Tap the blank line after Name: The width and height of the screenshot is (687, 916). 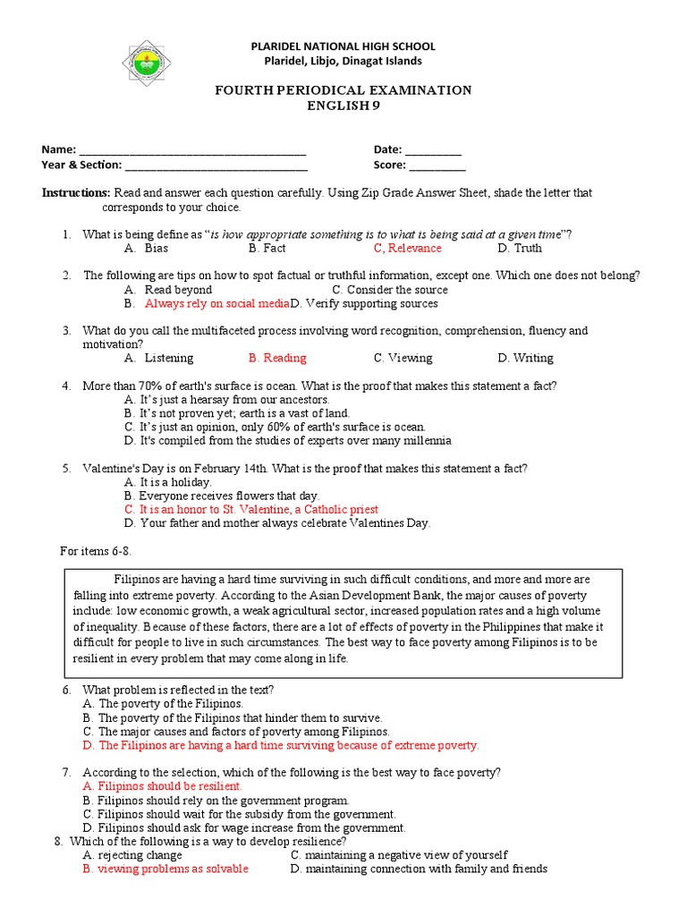pos(192,150)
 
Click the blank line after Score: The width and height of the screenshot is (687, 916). pos(437,165)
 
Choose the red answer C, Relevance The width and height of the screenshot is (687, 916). pos(407,249)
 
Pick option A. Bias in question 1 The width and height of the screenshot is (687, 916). pos(147,249)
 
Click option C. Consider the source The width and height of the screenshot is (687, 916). pos(389,290)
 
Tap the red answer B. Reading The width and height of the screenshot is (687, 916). pos(277,358)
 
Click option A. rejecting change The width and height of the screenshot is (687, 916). pos(131,855)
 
